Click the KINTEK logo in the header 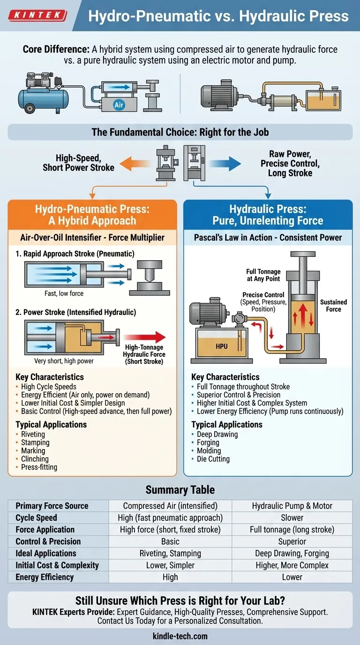(x=38, y=15)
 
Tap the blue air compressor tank (x=41, y=98)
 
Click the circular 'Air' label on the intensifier (x=119, y=105)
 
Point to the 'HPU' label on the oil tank (x=221, y=346)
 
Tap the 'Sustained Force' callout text (x=333, y=306)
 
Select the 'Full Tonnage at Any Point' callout (x=263, y=275)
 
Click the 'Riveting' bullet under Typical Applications (x=33, y=434)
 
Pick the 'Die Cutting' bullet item (x=213, y=459)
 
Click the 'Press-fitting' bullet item (x=39, y=467)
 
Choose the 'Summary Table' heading (x=180, y=490)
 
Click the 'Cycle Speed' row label (x=36, y=517)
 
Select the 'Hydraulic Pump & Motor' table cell (x=292, y=506)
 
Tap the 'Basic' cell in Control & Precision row (x=170, y=541)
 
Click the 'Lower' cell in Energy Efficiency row (x=292, y=577)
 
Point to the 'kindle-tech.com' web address (x=180, y=636)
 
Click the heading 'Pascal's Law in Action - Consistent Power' (x=268, y=238)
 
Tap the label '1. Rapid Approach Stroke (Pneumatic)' (x=75, y=254)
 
